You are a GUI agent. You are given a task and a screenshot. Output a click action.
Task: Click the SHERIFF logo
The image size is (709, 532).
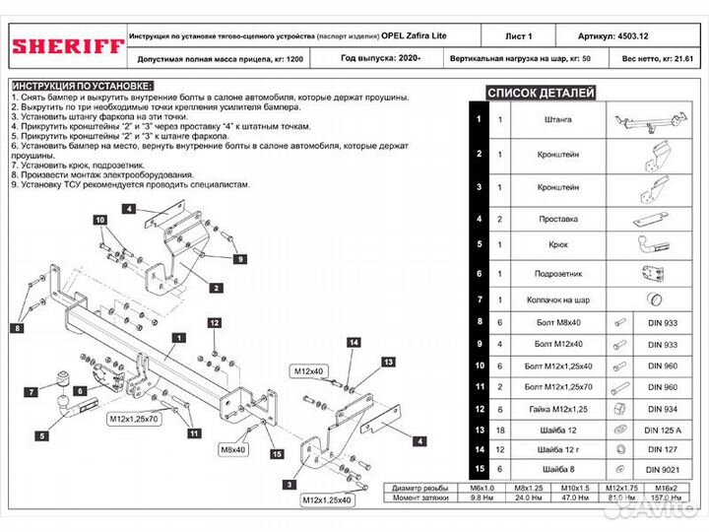tap(67, 45)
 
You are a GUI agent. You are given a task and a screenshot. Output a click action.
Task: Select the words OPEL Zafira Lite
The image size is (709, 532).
tap(413, 35)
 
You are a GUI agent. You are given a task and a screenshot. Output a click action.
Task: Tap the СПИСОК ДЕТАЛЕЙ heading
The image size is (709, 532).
tap(542, 93)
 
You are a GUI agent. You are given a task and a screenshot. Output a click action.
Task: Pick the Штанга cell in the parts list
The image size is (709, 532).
tap(556, 119)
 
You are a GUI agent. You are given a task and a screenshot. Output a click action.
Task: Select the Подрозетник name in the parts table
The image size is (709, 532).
tap(556, 273)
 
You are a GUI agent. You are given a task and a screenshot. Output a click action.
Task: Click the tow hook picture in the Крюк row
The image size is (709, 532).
tap(651, 245)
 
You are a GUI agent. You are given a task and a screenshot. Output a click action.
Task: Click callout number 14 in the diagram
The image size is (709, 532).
tap(354, 341)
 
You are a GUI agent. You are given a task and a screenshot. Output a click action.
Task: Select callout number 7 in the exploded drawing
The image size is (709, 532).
tap(31, 392)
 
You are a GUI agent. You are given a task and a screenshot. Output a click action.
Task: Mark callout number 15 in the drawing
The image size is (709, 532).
tap(277, 454)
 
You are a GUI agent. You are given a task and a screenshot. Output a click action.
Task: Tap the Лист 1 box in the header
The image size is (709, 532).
tap(520, 35)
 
